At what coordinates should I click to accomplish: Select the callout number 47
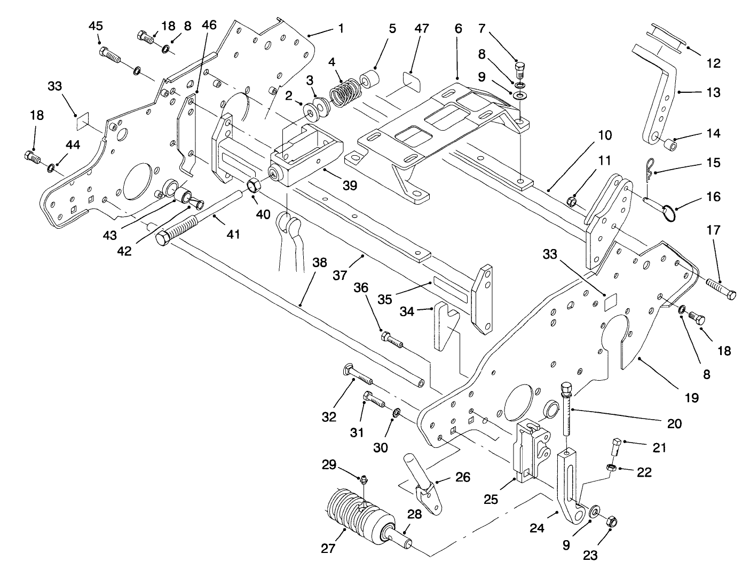point(421,29)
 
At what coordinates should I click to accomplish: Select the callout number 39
point(350,186)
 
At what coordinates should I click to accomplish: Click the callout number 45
point(96,26)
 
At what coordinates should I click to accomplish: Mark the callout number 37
point(340,276)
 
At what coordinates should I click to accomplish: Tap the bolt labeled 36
point(391,340)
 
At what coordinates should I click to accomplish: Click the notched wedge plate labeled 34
point(445,326)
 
